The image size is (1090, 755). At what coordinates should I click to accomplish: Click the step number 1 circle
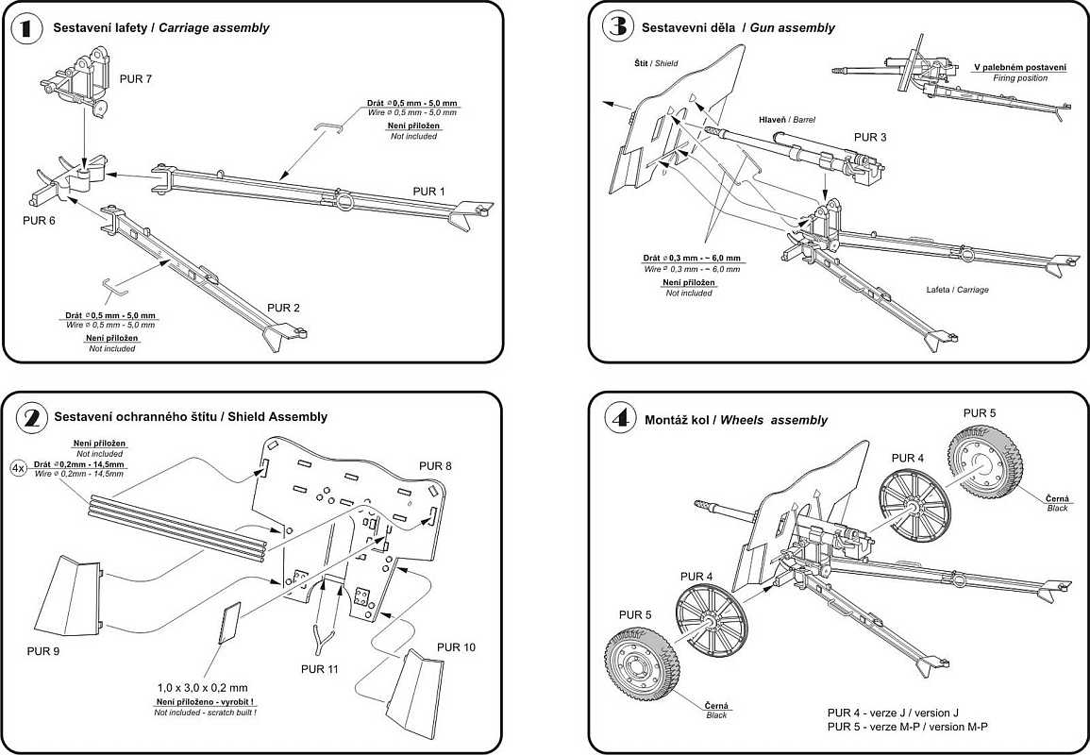coord(26,28)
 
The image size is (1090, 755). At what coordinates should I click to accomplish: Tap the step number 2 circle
coord(26,416)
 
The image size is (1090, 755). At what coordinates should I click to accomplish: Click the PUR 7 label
coord(136,79)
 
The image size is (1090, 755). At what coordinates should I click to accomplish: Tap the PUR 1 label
coord(428,192)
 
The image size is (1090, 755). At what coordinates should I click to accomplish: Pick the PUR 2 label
coord(283,308)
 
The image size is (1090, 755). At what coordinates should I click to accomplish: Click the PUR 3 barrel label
coord(870,137)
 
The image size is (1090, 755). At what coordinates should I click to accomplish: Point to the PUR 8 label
coord(435,466)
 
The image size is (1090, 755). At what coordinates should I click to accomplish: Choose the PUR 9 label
coord(45,652)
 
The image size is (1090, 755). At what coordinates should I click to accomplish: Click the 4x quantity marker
coord(19,467)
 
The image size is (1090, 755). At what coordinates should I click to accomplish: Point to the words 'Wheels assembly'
coord(774,420)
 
